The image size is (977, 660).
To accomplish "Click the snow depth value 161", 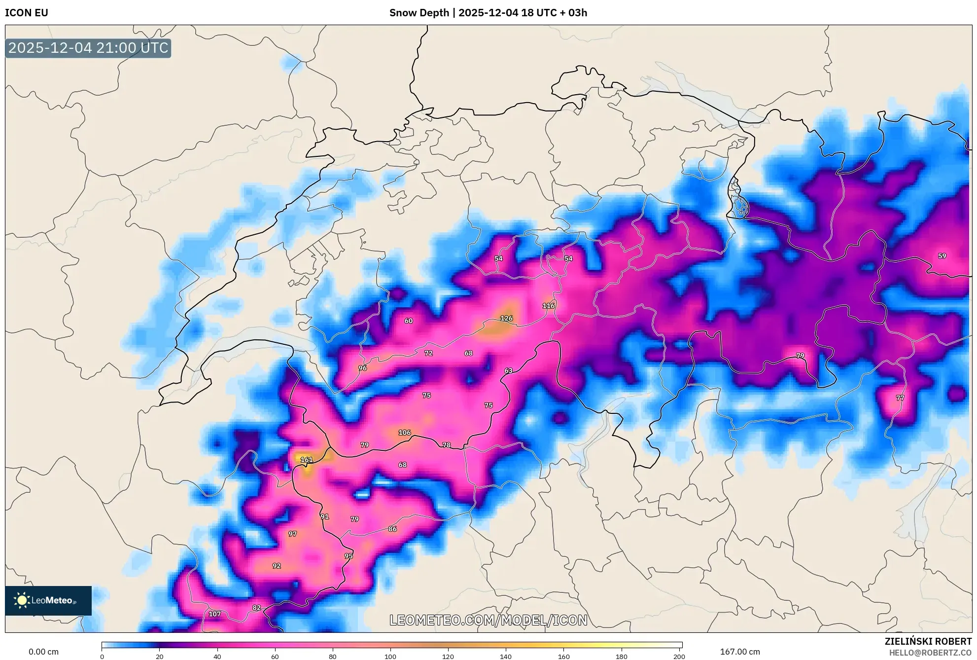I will (307, 460).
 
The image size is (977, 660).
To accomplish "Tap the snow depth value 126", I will (506, 319).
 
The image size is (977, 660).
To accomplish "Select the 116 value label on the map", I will (549, 306).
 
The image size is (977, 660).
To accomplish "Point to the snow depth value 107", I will (214, 614).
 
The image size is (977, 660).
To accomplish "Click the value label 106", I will (404, 433).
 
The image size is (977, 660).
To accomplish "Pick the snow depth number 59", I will (942, 256).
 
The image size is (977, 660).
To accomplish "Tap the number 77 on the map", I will (900, 398).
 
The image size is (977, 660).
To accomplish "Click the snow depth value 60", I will (409, 321).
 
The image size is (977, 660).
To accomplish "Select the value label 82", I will (256, 608).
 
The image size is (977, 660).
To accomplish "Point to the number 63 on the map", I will (508, 370).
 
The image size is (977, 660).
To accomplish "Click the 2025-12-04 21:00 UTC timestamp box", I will (88, 48).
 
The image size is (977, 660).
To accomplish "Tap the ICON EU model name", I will (27, 13).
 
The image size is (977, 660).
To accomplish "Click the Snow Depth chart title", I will (488, 13).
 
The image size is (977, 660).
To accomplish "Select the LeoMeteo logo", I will (48, 600).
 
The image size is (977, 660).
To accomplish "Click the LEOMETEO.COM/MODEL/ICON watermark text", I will (488, 620).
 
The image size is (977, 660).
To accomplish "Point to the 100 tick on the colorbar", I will (390, 657).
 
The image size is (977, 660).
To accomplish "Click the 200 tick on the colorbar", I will (679, 657).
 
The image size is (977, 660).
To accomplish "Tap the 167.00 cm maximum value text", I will (739, 652).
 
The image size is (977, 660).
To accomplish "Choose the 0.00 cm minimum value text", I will (43, 652).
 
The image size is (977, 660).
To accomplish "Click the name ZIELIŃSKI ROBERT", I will (928, 641).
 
